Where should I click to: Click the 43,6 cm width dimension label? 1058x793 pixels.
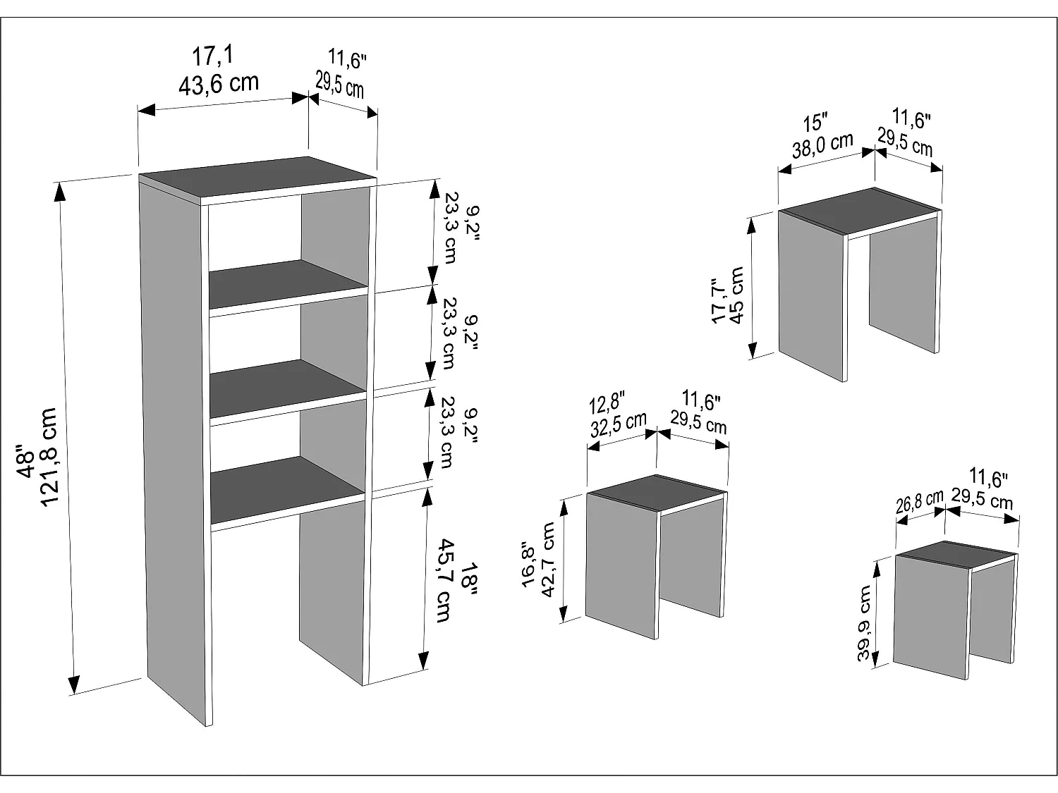pos(218,84)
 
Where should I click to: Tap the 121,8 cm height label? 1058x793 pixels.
pos(49,456)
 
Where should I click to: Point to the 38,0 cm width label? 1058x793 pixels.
pos(822,146)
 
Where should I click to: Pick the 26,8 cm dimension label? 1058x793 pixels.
pos(919,503)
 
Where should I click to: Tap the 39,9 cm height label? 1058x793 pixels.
pos(865,623)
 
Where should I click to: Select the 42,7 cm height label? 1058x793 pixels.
pos(549,560)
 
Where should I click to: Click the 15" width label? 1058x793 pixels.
pos(815,123)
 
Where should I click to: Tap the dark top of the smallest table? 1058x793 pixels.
pos(957,555)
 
